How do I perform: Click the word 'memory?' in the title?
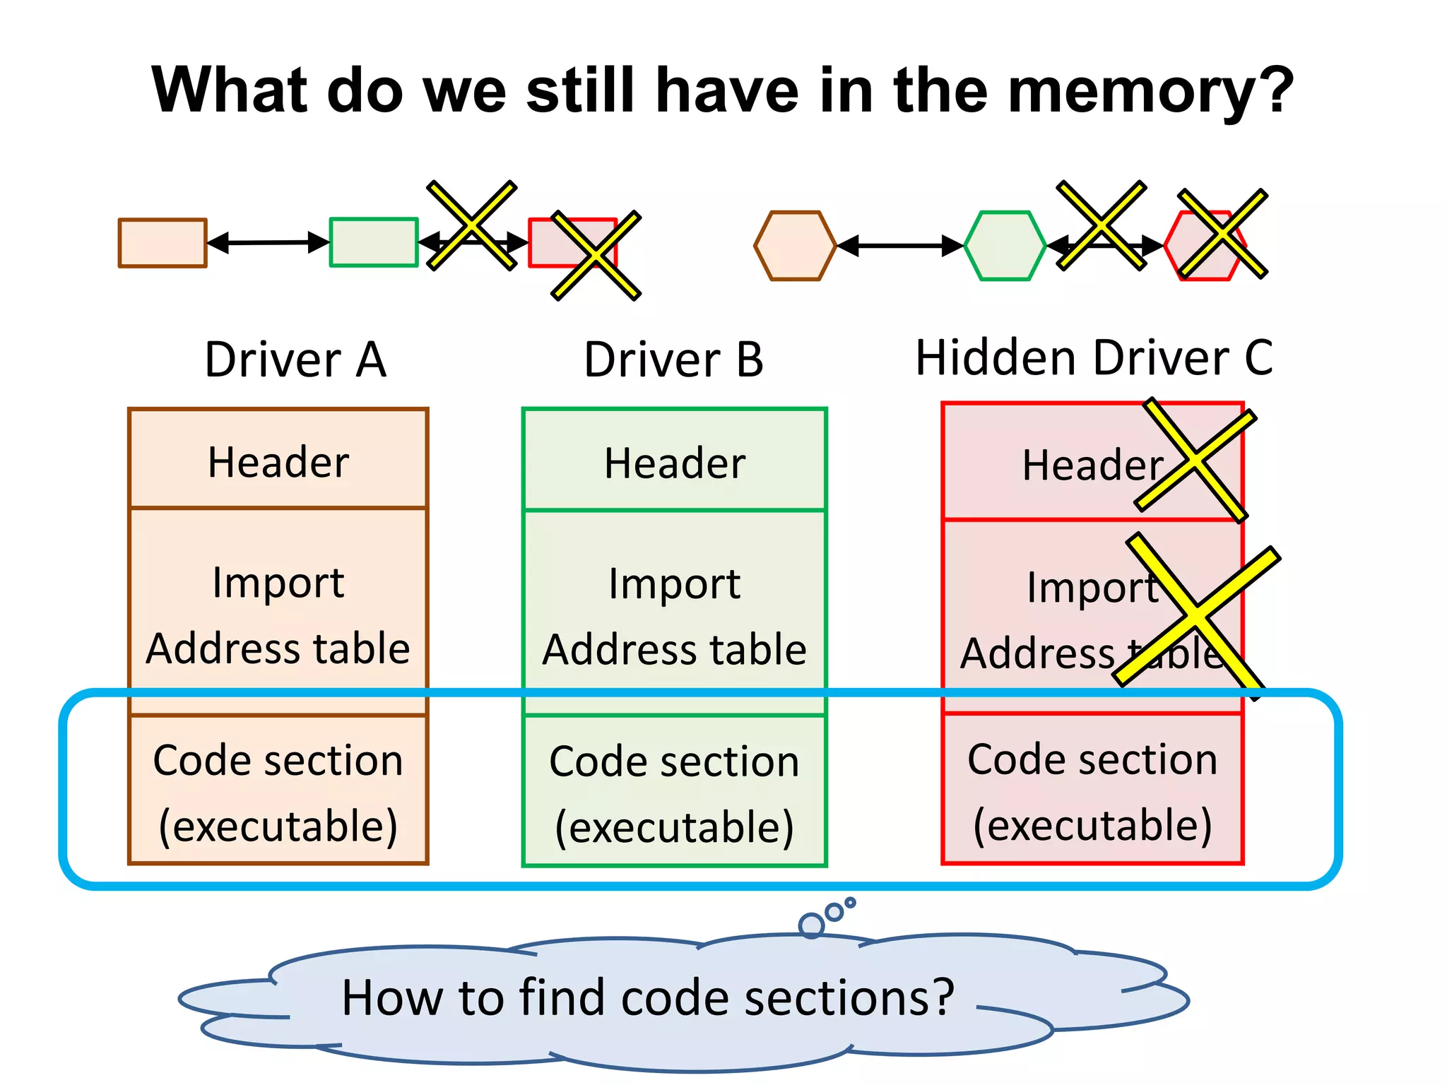tap(1150, 90)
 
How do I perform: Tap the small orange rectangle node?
tap(163, 243)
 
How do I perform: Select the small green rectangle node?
tap(374, 242)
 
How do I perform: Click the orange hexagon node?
tap(796, 246)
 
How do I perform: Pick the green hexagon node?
tap(1005, 246)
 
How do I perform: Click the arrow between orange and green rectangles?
tap(268, 242)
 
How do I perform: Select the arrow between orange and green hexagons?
tap(900, 246)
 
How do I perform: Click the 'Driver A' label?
tap(295, 360)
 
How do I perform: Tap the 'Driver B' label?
tap(673, 360)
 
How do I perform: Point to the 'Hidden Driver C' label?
tap(1094, 357)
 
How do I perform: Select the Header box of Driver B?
tap(674, 463)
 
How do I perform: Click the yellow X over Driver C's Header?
tap(1195, 460)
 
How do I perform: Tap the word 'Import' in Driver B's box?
tap(674, 584)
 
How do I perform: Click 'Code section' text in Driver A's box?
tap(278, 761)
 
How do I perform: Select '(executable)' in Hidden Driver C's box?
tap(1092, 825)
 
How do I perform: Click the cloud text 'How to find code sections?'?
tap(648, 997)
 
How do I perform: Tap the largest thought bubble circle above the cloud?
tap(811, 925)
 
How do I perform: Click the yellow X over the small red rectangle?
tap(596, 256)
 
